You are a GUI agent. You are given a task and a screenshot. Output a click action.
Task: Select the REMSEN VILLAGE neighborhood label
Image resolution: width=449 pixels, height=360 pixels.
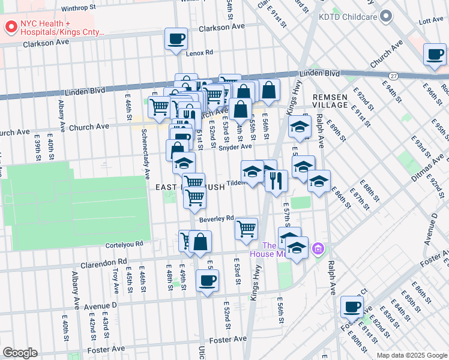(x=330, y=100)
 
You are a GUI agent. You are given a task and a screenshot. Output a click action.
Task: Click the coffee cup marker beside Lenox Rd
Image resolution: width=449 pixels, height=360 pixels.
(x=176, y=40)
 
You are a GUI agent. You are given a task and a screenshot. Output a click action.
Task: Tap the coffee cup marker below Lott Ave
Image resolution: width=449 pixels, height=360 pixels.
(x=435, y=55)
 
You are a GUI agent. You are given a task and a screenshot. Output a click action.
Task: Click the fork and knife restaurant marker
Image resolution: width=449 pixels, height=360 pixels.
(x=276, y=180)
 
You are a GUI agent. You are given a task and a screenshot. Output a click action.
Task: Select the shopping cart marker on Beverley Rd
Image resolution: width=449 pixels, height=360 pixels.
(x=246, y=229)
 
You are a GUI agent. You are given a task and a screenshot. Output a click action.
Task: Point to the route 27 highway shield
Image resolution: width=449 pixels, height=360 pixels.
(x=393, y=76)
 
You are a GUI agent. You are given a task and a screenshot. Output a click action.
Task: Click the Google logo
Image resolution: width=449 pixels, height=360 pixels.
(x=20, y=353)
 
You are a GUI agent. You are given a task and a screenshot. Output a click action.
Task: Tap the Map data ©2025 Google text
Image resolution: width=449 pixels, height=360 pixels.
(x=412, y=355)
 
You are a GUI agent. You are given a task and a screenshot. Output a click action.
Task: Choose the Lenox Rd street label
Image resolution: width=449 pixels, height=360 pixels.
(x=199, y=53)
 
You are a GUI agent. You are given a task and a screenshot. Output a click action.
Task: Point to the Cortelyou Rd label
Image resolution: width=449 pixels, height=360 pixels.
(x=122, y=244)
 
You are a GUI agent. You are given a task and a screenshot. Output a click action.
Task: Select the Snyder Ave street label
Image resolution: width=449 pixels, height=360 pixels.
(x=235, y=147)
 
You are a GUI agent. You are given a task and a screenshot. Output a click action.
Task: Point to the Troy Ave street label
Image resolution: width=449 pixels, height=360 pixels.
(x=115, y=280)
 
